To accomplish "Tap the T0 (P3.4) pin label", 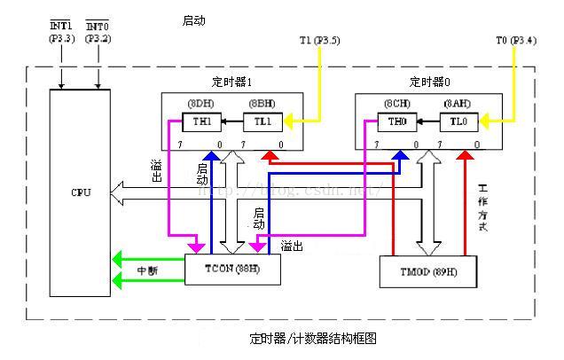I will [515, 41].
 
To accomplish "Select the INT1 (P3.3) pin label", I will [60, 34].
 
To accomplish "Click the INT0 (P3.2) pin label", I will [98, 34].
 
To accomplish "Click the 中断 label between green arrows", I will [147, 270].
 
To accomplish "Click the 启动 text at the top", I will [193, 20].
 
